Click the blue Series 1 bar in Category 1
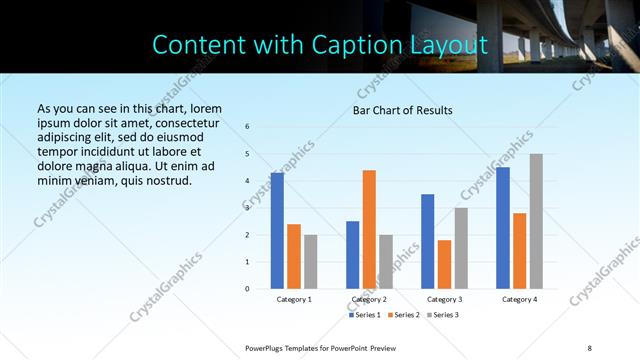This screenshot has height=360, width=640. tap(277, 231)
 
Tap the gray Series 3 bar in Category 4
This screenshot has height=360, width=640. tap(536, 221)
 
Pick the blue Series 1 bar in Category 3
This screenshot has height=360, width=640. tap(428, 241)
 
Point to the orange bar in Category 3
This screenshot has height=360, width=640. tap(444, 264)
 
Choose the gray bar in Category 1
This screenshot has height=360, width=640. tap(310, 262)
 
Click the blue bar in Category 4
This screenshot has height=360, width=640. tap(503, 228)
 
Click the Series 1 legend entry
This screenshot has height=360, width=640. tap(365, 316)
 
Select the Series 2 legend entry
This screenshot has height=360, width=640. tap(403, 316)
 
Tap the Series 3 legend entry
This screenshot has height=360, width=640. tap(441, 316)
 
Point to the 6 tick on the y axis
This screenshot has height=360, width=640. tap(247, 126)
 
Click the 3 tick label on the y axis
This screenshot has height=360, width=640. tap(247, 208)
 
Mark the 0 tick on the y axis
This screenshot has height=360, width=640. tap(247, 289)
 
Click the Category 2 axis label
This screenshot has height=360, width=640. tap(369, 299)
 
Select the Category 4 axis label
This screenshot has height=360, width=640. tap(519, 299)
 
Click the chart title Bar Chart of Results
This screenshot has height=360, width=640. tap(403, 110)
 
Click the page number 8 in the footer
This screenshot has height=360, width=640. tap(589, 347)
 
